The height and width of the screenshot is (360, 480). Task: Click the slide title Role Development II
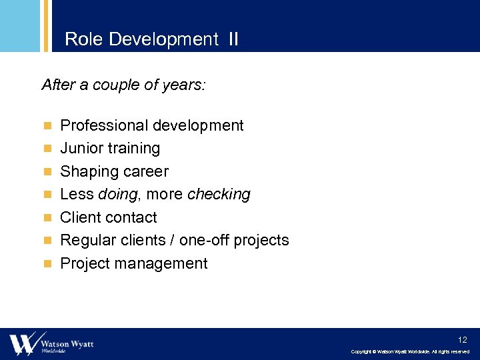coord(151,39)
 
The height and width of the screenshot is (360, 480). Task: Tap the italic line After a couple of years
coord(124,85)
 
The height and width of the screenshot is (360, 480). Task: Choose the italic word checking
coord(219,194)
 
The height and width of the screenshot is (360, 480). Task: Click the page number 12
coord(462,339)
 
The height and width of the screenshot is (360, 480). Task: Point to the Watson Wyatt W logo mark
coord(22,343)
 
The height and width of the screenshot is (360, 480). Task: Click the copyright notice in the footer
coord(410,351)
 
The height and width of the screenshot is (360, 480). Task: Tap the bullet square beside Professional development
coord(47,125)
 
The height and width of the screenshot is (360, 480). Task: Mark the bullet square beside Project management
coord(47,263)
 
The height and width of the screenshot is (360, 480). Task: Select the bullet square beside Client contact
coord(47,217)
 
